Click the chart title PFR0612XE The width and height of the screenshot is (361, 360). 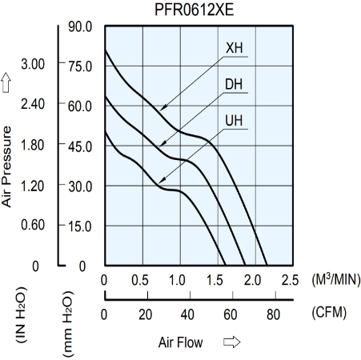tap(195, 10)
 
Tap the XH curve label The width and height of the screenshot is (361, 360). tap(235, 48)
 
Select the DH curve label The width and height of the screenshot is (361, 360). tap(234, 84)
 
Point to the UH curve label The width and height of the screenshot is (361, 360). tap(234, 121)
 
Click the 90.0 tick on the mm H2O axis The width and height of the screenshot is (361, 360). tap(80, 26)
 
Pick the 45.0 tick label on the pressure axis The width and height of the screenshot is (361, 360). tap(80, 146)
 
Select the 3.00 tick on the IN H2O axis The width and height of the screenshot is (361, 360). tap(33, 64)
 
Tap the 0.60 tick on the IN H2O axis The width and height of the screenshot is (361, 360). tap(33, 225)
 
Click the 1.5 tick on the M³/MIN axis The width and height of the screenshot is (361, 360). tap(215, 280)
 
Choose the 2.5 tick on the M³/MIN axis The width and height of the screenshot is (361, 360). tap(290, 280)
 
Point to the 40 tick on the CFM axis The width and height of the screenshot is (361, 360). tap(187, 314)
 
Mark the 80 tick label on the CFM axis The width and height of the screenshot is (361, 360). tap(273, 314)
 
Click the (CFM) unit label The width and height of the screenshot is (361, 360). tap(329, 312)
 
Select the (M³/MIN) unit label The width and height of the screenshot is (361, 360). tap(336, 279)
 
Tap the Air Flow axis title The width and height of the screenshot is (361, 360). tap(180, 342)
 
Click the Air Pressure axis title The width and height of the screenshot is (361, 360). tap(6, 166)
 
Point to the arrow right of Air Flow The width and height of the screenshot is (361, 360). tap(231, 342)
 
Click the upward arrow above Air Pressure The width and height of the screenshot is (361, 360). tap(6, 82)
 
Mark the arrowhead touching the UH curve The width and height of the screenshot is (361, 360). tap(162, 181)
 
